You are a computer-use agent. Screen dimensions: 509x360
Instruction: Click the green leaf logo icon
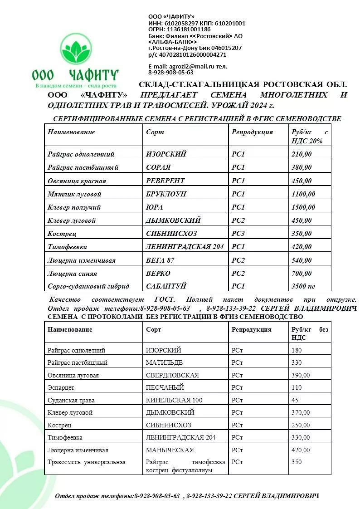75,49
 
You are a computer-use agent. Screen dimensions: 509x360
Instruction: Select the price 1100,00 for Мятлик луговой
303,194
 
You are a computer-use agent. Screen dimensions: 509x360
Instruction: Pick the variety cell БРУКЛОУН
166,194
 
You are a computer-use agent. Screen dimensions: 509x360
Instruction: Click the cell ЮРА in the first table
155,207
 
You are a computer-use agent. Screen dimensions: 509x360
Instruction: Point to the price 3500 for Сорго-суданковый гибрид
298,286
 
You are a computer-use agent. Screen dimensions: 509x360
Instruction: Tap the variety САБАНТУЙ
166,286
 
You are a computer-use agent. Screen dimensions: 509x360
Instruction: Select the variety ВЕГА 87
160,260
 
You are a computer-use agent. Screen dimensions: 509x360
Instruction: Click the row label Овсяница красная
77,181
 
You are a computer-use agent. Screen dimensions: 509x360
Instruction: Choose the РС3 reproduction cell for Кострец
238,234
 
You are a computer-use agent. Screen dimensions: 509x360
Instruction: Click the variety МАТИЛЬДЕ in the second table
164,362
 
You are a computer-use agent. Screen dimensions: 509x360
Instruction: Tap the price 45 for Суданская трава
295,400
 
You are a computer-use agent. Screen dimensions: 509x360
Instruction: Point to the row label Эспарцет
61,388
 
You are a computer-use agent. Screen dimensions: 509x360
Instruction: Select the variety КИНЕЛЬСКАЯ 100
174,400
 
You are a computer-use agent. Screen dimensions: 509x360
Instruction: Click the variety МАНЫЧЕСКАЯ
170,450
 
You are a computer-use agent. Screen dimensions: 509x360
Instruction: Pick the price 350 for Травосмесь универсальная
297,462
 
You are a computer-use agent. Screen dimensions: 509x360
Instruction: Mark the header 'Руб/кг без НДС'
309,333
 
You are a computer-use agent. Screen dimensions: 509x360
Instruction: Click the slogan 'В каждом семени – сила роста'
76,85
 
